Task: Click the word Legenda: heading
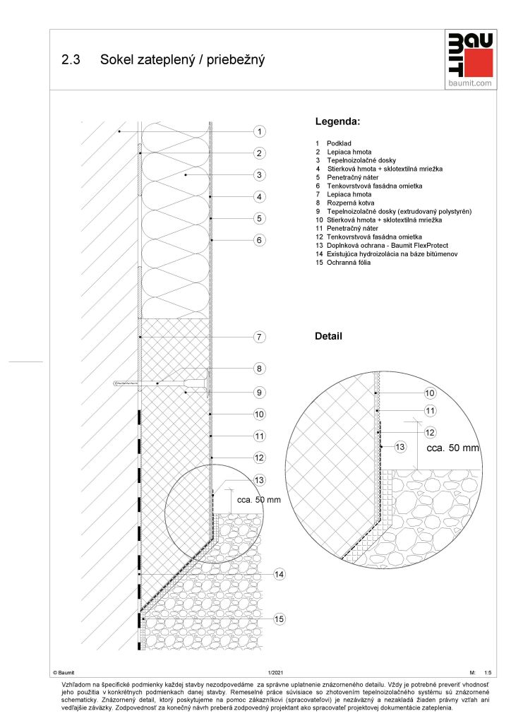click(x=337, y=122)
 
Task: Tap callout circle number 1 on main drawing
click(x=260, y=131)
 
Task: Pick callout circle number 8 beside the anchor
click(x=260, y=368)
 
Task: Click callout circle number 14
click(x=279, y=575)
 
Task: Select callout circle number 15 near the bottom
click(x=279, y=619)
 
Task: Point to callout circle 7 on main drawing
click(x=260, y=337)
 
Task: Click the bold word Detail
click(x=328, y=337)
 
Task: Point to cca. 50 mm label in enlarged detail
click(x=453, y=448)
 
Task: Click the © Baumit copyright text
click(x=64, y=674)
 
